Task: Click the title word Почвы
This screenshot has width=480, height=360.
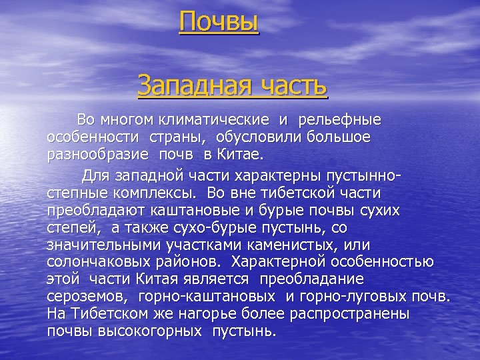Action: point(219,22)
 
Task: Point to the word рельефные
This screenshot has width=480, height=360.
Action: point(339,121)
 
